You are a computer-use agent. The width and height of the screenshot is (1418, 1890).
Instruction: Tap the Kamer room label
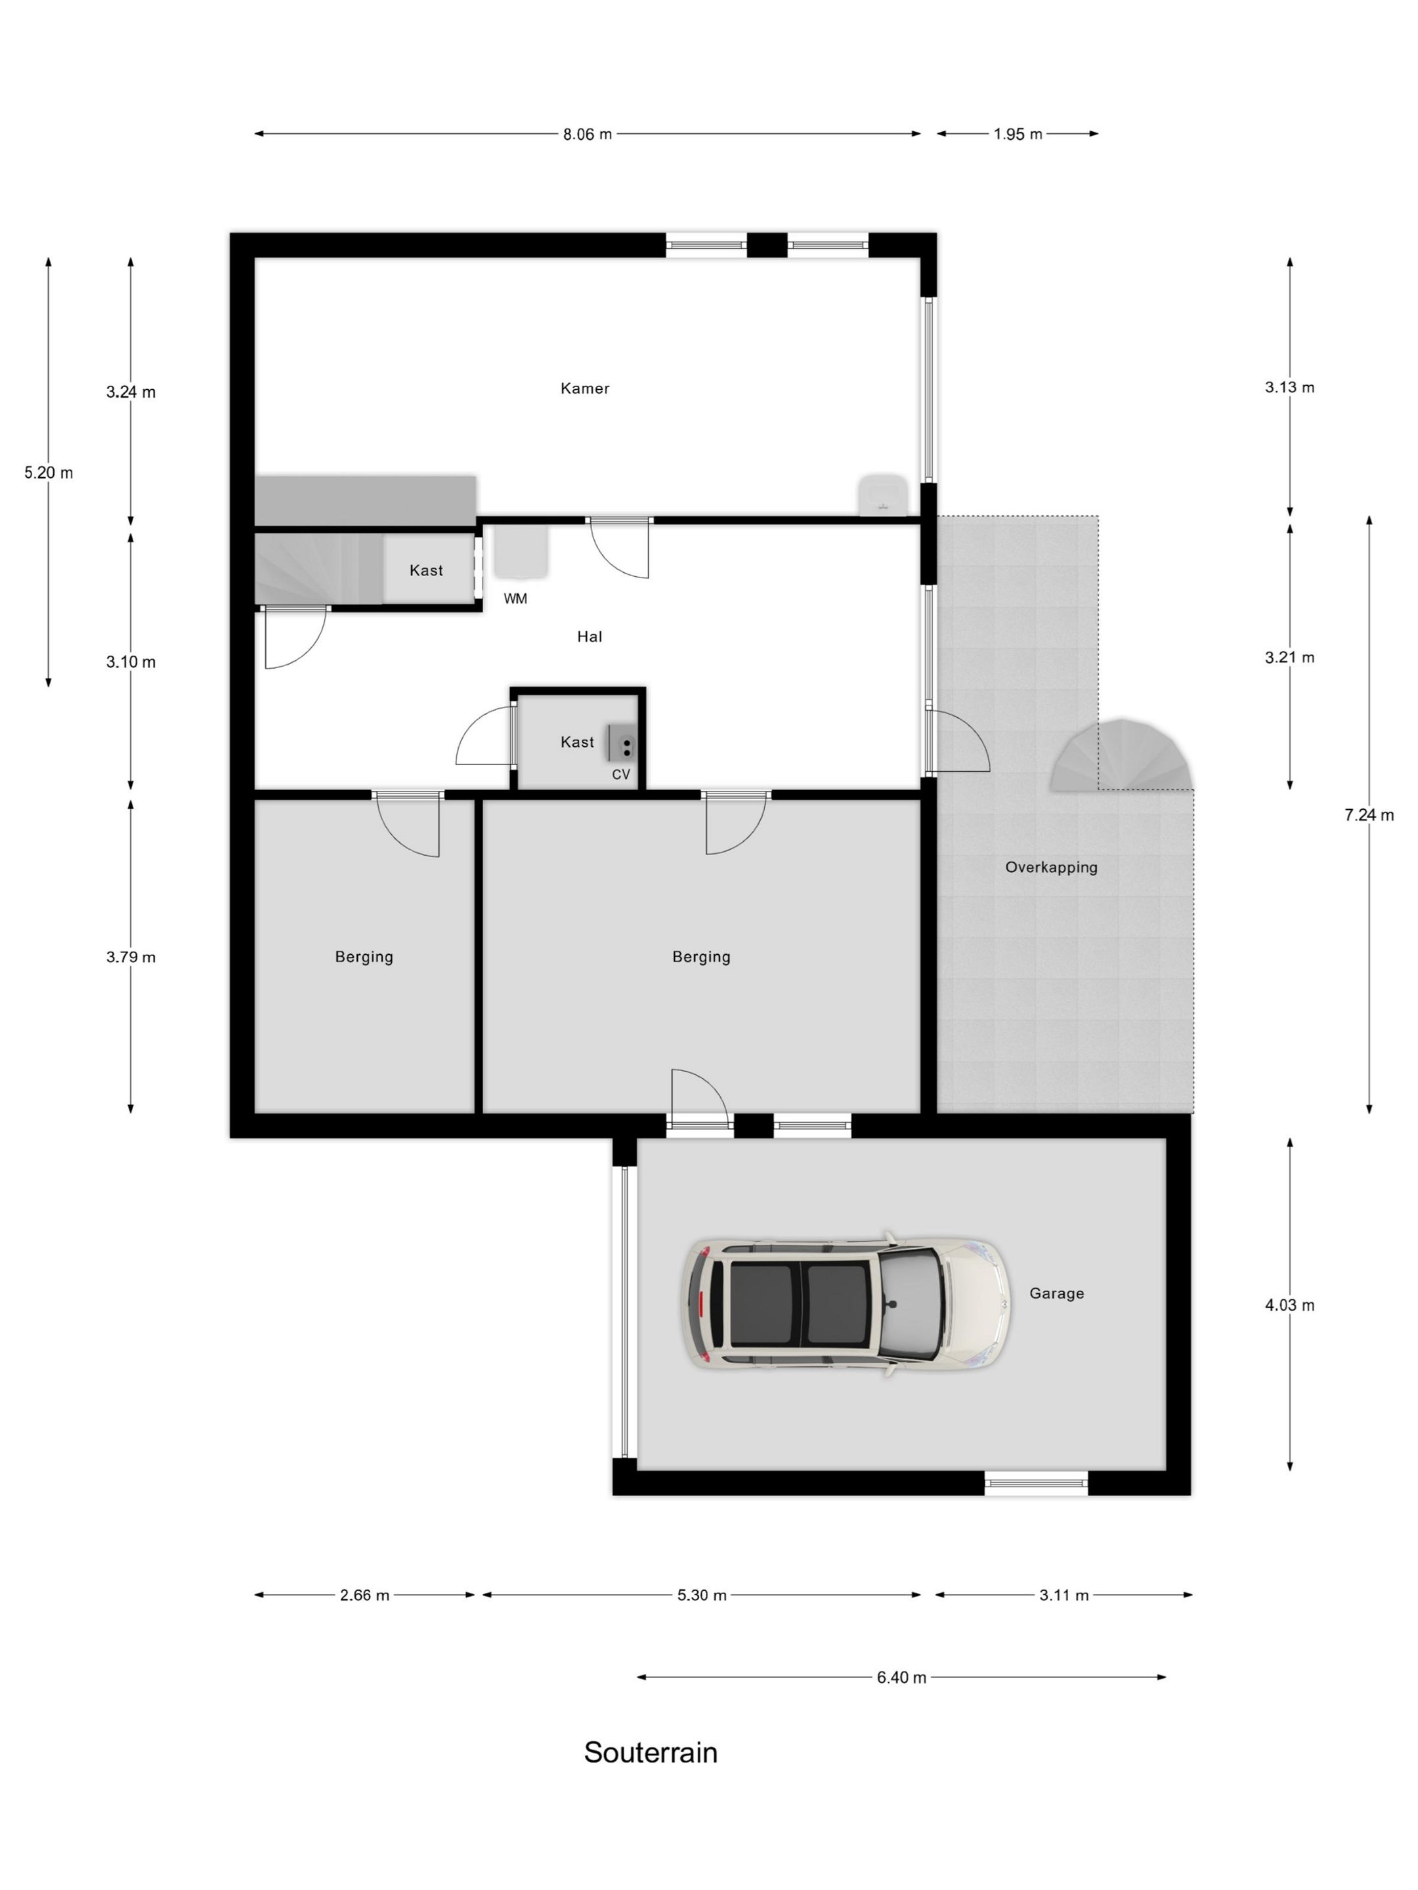[x=585, y=388]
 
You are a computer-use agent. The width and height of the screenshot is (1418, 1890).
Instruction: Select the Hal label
[x=590, y=637]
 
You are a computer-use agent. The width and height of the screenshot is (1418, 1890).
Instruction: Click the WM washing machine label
[x=515, y=599]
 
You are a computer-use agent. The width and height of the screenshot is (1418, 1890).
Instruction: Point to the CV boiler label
[x=620, y=774]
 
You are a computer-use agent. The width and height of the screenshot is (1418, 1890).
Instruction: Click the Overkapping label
[x=1051, y=868]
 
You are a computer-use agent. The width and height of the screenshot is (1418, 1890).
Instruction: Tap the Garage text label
[x=1056, y=1293]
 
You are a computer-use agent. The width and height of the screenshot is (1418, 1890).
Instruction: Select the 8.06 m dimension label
[x=587, y=134]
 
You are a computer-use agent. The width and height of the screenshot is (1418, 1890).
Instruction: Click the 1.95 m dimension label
[x=1018, y=134]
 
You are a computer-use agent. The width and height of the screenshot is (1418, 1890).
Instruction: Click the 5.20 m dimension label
[x=49, y=472]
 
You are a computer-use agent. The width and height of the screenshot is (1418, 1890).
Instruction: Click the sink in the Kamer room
[x=883, y=495]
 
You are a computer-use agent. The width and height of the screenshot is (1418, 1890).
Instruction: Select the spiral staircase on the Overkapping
[x=1120, y=756]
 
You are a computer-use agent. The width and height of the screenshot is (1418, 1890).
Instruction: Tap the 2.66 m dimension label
[x=365, y=1595]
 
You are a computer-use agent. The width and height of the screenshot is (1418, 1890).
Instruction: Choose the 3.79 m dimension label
[x=131, y=957]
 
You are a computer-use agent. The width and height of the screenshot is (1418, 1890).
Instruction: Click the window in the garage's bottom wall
[x=1036, y=1482]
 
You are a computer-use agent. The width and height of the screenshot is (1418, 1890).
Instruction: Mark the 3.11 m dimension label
[x=1064, y=1595]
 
